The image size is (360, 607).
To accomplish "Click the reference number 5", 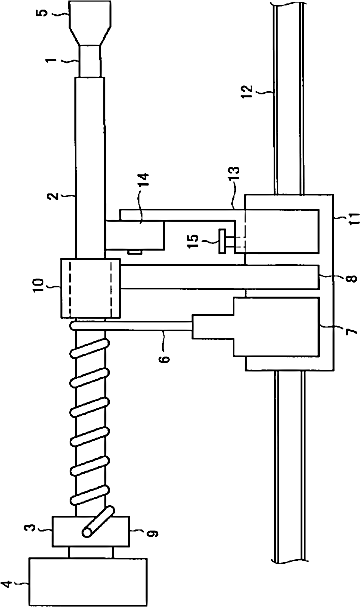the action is [x=44, y=11].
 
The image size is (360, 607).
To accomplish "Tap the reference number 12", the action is [x=247, y=92].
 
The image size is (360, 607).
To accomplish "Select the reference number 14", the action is [x=143, y=180].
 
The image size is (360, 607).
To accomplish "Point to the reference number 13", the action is [x=234, y=173].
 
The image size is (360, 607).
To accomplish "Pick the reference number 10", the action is [x=38, y=286].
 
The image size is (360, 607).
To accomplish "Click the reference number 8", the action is [x=352, y=277].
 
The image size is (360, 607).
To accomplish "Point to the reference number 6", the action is [x=165, y=358].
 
